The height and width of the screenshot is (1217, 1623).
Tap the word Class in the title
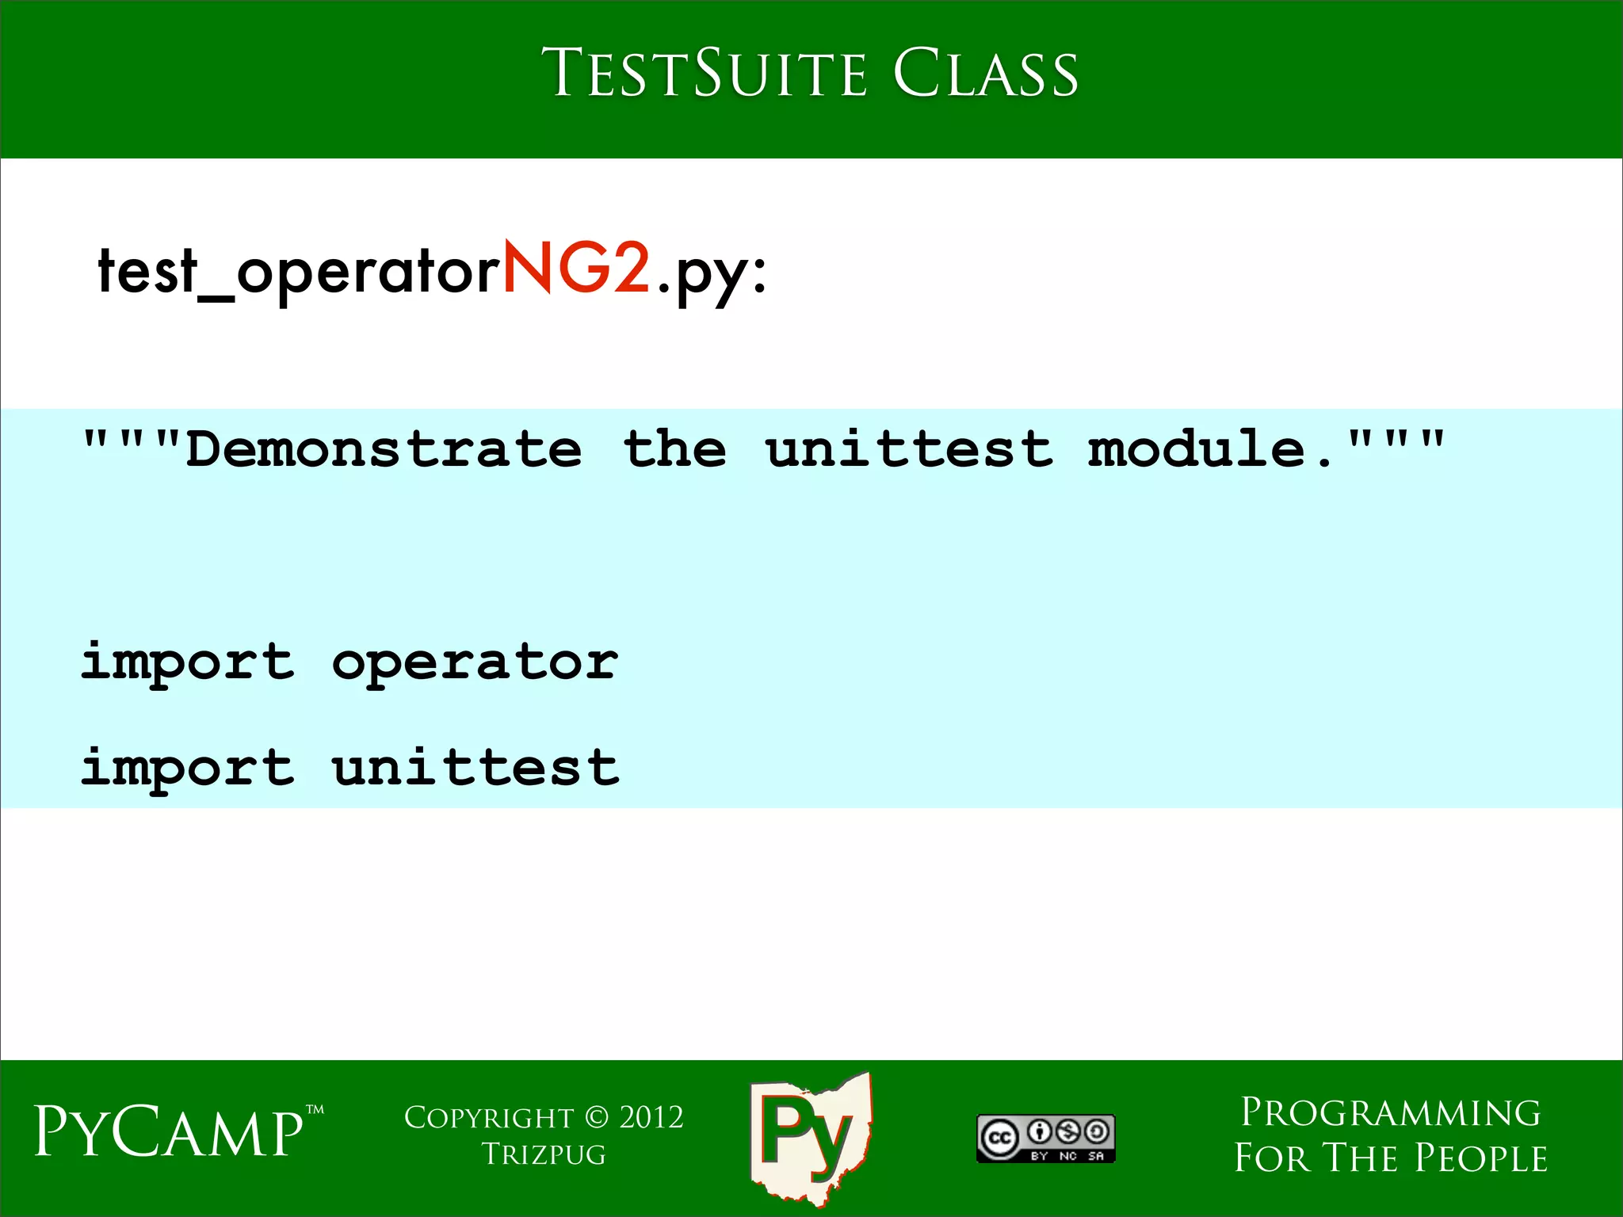pos(986,74)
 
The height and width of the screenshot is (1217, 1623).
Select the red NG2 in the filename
pos(576,269)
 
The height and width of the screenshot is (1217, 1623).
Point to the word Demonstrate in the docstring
pos(384,449)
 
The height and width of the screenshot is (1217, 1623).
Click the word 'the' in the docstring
pos(674,449)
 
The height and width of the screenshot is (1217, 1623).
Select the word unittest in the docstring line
pos(910,449)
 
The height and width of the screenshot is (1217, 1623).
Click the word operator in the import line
pos(475,662)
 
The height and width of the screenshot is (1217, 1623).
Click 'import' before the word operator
pos(188,662)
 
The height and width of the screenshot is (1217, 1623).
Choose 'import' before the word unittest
pos(188,767)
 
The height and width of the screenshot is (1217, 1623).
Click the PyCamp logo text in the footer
pos(169,1131)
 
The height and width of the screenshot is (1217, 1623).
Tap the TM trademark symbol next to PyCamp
pos(315,1110)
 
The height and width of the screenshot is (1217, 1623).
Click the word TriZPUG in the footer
pos(544,1154)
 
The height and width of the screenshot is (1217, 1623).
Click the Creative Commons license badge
pos(1045,1139)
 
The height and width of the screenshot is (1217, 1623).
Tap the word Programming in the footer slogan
pos(1390,1113)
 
